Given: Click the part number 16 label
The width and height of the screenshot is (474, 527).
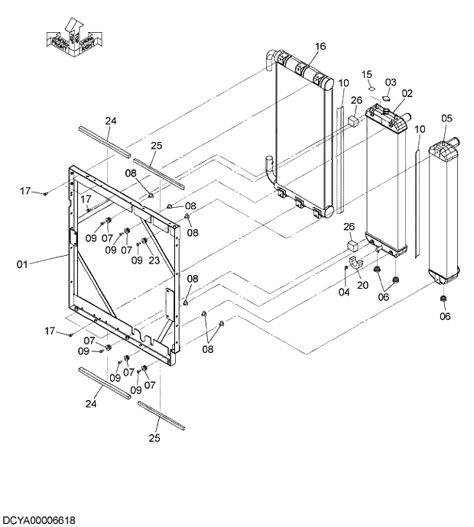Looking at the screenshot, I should (320, 47).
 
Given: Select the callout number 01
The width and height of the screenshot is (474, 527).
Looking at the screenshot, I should (22, 264).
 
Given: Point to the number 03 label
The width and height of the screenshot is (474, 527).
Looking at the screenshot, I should (391, 82).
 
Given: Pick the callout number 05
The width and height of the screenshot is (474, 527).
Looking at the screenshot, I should (446, 118).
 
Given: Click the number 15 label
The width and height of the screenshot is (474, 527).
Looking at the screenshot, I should (367, 74).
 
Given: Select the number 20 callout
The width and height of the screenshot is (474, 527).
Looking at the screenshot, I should (362, 285).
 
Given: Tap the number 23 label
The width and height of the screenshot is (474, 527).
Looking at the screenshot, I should (154, 260).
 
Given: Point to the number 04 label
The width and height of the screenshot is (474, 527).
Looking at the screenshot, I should (344, 291).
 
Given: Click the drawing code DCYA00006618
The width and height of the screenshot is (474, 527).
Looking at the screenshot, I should (38, 520).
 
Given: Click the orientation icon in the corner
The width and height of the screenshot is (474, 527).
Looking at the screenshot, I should (70, 37).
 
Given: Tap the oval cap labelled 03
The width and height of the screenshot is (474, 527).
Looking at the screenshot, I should (387, 97).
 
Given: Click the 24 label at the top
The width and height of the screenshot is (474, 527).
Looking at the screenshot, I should (111, 121).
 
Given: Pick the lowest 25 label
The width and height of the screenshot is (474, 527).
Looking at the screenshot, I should (154, 438).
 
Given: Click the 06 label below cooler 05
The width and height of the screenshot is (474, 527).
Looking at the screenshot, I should (446, 315).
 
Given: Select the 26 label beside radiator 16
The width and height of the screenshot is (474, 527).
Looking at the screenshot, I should (356, 99).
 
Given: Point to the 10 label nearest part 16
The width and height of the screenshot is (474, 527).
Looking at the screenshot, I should (343, 82).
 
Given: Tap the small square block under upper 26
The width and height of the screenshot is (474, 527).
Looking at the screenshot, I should (355, 120).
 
